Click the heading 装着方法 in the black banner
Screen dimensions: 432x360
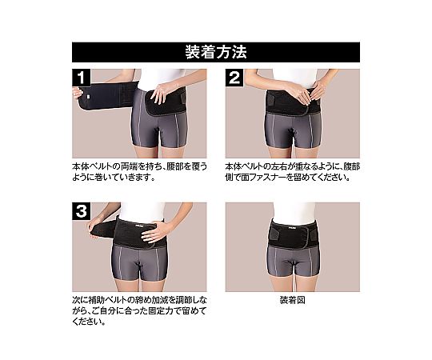216,52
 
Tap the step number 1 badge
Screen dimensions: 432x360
81,78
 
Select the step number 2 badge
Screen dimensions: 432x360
234,78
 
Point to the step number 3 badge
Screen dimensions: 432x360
81,211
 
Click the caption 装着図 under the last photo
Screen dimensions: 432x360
292,300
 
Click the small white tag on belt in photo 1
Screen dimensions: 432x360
88,97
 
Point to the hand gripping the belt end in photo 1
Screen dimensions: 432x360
78,92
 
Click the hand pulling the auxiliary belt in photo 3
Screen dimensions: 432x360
93,227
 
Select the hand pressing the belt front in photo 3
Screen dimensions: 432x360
153,232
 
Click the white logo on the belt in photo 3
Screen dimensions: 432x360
138,225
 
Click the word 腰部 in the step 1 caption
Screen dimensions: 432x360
175,166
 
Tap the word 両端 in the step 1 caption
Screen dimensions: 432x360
130,166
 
